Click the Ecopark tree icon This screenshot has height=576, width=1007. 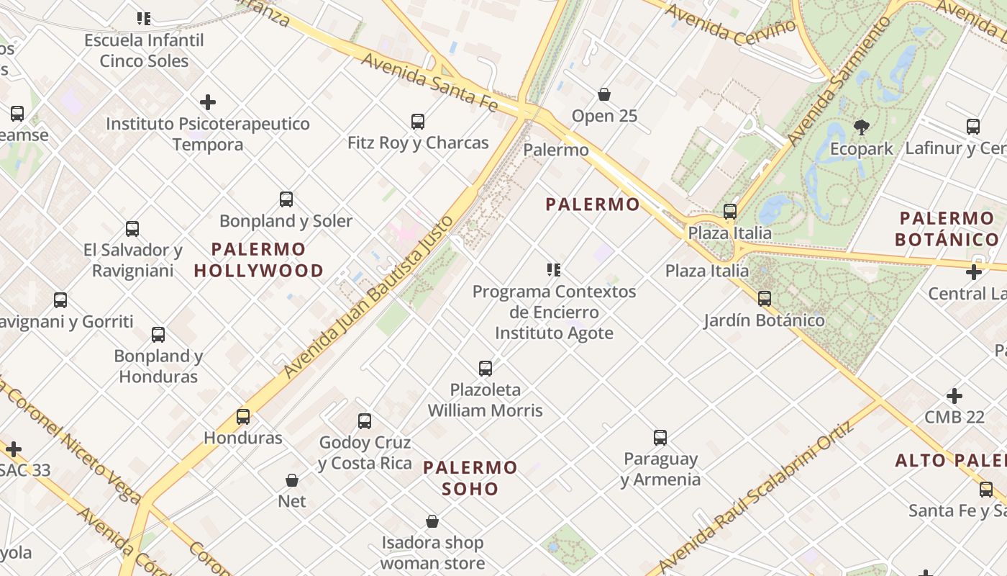[x=861, y=128]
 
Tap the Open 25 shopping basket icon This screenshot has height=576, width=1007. [x=604, y=94]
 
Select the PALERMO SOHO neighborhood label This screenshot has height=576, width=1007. [x=470, y=478]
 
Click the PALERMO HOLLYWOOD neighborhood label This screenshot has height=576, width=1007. [x=258, y=260]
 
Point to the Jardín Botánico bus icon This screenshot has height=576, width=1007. [x=764, y=298]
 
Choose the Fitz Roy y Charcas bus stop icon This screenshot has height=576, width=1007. [x=418, y=122]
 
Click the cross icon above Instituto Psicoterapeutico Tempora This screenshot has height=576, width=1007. [x=208, y=102]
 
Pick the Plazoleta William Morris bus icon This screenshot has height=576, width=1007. [x=486, y=369]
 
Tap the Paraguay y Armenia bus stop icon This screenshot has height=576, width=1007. [x=660, y=437]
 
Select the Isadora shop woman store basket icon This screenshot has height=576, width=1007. [x=432, y=521]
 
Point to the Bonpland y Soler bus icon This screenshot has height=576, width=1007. [x=286, y=199]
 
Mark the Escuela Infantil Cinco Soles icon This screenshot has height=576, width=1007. [x=144, y=19]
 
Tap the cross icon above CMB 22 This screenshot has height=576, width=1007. [x=954, y=396]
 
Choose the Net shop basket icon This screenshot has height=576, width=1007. [x=292, y=480]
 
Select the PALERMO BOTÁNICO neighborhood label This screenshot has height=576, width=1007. [x=947, y=229]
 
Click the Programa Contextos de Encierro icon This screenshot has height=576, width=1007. [x=553, y=270]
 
